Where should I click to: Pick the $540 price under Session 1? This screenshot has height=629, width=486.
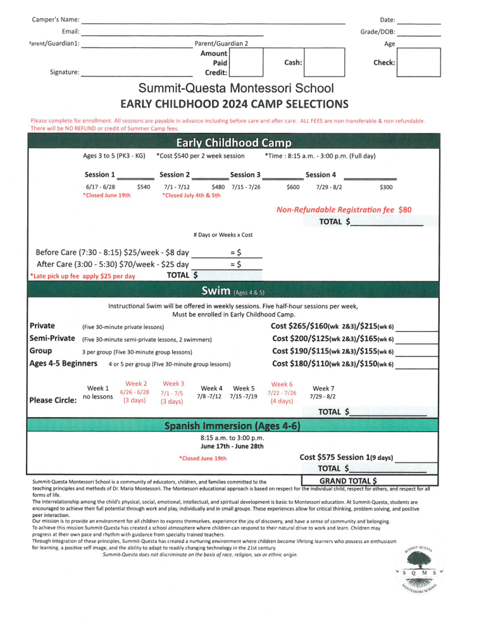[x=144, y=187]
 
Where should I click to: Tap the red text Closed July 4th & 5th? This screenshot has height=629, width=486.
[x=192, y=196]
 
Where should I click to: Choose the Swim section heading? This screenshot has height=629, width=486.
[x=228, y=291]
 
